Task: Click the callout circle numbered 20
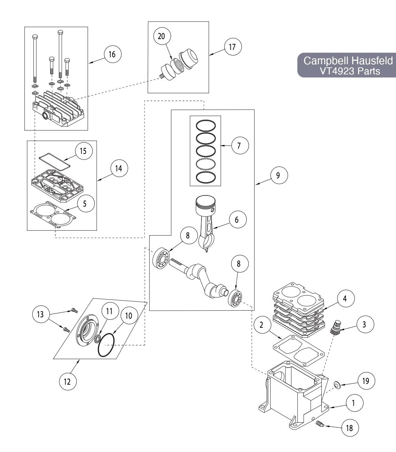coord(162,36)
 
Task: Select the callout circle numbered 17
coord(232,47)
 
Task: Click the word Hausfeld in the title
coord(372,60)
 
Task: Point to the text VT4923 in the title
coord(334,71)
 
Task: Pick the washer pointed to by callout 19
coord(337,385)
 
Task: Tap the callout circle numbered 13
coord(40,314)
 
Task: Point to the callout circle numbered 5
coord(85,203)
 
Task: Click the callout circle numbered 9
coord(278,175)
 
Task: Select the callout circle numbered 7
coord(239,145)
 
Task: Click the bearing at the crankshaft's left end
coord(161,259)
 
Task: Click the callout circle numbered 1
coord(353,403)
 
